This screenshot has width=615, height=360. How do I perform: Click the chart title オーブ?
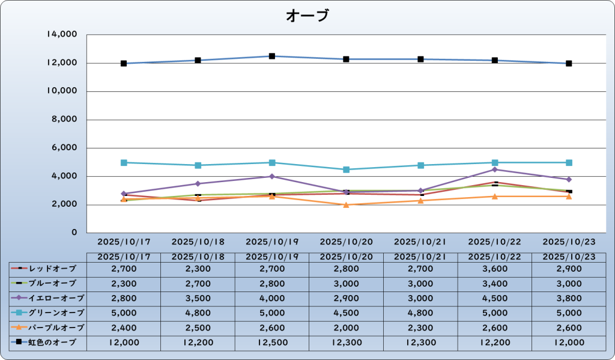click(307, 16)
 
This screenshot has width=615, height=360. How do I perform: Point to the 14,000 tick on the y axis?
click(62, 35)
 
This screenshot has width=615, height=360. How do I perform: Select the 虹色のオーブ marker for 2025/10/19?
click(272, 56)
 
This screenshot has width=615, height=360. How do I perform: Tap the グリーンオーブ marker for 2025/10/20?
click(346, 169)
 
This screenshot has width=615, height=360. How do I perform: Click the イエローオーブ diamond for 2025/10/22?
click(494, 169)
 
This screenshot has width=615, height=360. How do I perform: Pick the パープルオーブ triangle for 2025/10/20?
click(346, 205)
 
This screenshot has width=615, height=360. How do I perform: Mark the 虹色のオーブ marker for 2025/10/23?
click(569, 63)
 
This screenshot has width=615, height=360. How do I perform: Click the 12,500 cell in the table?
click(272, 342)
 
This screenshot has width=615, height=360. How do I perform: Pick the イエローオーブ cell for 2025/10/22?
click(494, 298)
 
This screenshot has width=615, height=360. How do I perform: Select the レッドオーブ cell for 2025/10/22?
click(494, 269)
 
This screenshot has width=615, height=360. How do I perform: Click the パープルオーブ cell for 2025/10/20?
click(346, 328)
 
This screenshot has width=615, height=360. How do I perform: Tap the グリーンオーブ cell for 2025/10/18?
click(198, 313)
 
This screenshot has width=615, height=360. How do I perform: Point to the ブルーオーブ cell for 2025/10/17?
click(124, 283)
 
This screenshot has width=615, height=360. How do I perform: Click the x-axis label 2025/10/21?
click(420, 242)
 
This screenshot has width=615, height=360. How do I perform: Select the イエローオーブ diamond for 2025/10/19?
click(272, 176)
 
